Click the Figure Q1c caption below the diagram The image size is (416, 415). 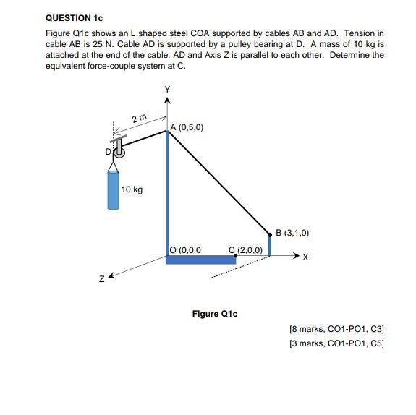pos(214,314)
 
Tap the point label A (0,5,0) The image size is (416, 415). pos(187,127)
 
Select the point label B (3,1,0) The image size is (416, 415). pos(292,233)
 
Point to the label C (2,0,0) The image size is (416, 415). pos(245,250)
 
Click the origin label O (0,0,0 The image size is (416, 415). pos(184,250)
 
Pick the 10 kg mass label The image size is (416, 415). pos(132,189)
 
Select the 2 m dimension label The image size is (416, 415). pos(139,118)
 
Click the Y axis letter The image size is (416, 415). pos(167,89)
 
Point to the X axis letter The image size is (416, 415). pos(306,257)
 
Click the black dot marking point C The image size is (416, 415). pos(236,256)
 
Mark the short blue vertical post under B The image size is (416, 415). pos(269,246)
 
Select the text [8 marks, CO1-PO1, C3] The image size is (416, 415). pos(336,329)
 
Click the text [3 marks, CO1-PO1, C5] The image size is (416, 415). pos(336,343)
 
